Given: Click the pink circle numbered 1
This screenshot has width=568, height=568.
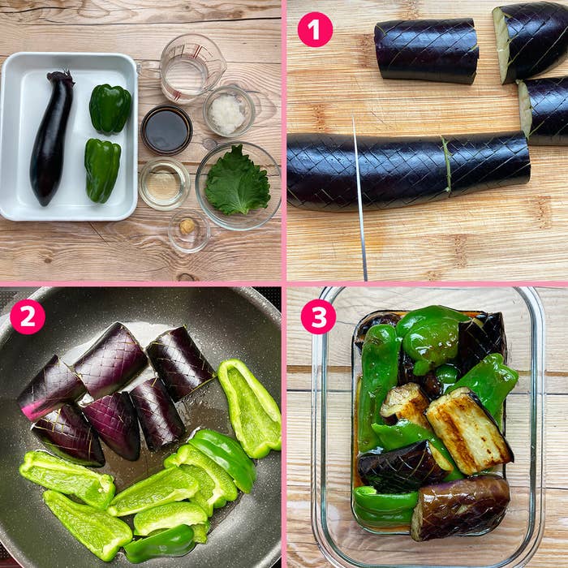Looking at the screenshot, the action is pos(315,29).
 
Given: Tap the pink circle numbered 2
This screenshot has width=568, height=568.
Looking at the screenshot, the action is pos(28,316).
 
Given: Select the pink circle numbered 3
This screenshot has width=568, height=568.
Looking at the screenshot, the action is pos(318,316).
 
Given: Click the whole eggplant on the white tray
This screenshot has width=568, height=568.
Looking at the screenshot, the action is pos(50,138).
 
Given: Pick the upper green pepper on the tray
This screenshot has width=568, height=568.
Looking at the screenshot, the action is pos(110,108).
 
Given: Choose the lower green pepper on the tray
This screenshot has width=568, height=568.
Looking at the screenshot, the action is pos(102,170).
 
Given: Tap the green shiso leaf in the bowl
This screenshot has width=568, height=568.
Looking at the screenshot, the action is pos(238,181).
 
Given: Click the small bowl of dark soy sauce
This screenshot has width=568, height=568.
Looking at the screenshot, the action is pos(166,130).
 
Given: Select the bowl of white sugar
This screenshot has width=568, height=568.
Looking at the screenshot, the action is pos(229,111).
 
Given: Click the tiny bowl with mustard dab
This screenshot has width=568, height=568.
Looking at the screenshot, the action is pos(189,230).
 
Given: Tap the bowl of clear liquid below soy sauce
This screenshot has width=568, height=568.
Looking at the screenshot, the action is pos(164,184).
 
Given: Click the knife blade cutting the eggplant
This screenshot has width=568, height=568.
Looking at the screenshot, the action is pos(359,199).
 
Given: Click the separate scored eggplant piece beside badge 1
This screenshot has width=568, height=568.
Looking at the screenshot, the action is pos(427,50).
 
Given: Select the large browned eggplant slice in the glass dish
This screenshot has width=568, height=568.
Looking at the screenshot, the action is pos(469,430).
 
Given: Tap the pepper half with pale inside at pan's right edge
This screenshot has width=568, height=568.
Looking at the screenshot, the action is pos(250,407).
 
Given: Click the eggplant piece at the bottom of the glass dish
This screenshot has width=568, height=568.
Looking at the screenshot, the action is pos(460,507).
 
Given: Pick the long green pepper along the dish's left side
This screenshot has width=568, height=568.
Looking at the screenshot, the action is pos(375,388).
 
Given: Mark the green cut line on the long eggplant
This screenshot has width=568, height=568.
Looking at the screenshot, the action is pos(447,165).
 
